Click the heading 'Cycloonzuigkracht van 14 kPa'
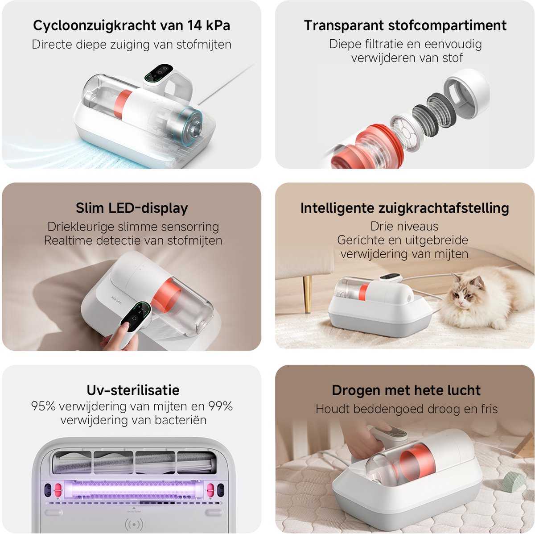[x=132, y=25]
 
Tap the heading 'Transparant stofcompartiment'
[x=405, y=25]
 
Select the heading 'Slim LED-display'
[x=132, y=208]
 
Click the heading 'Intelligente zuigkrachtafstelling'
[x=404, y=208]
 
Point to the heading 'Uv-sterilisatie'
[x=133, y=390]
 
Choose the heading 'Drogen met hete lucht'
[x=406, y=390]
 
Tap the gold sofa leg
[x=307, y=294]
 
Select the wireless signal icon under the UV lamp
[x=134, y=523]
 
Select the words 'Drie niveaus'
[x=404, y=227]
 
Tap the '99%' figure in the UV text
[x=221, y=406]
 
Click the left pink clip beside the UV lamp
[x=58, y=490]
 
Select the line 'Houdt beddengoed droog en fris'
[x=407, y=409]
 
